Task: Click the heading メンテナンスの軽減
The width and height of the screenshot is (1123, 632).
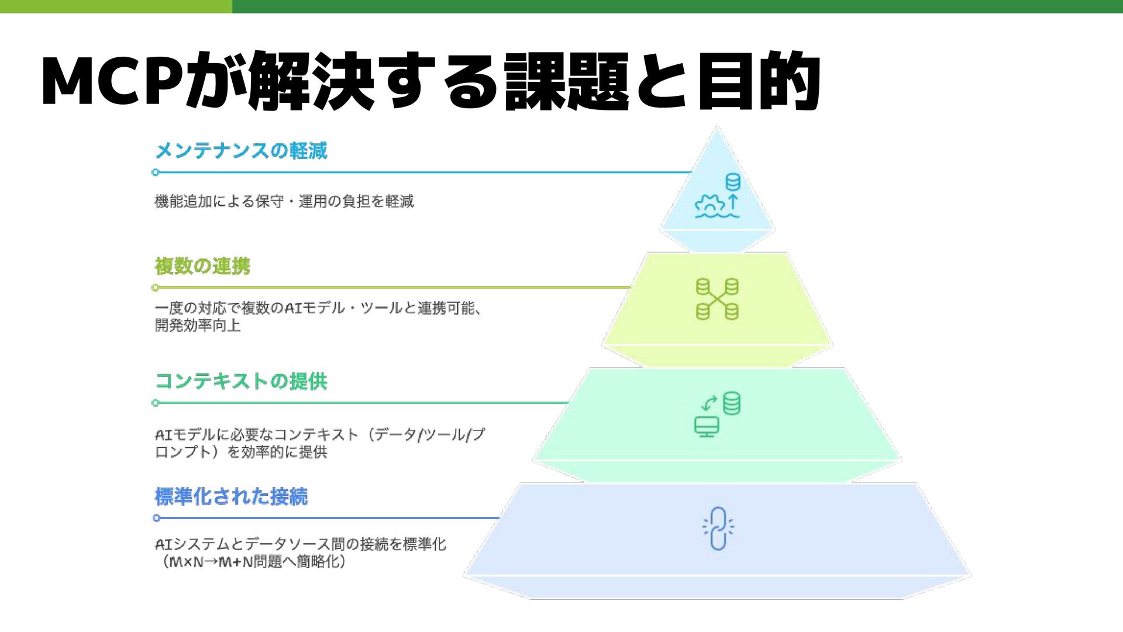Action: click(x=241, y=151)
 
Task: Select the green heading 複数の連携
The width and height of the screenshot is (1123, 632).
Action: click(x=202, y=267)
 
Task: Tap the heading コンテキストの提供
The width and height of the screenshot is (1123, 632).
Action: click(x=241, y=381)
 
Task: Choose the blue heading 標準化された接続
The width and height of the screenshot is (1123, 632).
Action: click(x=231, y=497)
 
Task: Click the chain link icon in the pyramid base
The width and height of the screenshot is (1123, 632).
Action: click(x=718, y=529)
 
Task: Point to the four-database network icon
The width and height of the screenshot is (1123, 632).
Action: click(x=717, y=299)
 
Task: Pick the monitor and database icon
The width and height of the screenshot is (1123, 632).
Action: click(x=717, y=414)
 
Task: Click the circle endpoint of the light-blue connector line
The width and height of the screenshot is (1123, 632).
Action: click(x=155, y=172)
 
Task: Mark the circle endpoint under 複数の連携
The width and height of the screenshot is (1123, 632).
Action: click(x=155, y=288)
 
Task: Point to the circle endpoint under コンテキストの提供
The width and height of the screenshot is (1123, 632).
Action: click(x=155, y=403)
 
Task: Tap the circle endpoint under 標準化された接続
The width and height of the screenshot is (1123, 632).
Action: click(x=156, y=518)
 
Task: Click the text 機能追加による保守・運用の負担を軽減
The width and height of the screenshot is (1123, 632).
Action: click(x=284, y=202)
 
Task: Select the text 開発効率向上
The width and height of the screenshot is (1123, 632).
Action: click(x=198, y=326)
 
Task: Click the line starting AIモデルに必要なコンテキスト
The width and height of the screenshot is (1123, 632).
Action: click(x=319, y=435)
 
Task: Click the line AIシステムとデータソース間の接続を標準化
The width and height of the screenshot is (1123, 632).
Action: click(x=300, y=544)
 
